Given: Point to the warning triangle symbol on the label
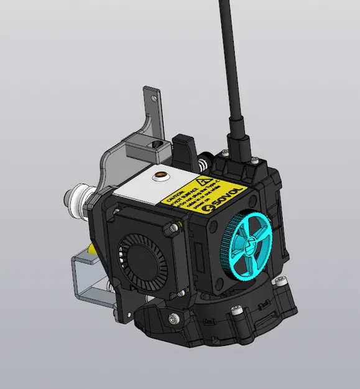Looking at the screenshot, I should (x=200, y=183).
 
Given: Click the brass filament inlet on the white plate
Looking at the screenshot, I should (x=162, y=176).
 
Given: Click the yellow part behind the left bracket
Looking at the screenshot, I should (x=93, y=249).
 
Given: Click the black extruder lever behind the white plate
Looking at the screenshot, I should (x=184, y=148).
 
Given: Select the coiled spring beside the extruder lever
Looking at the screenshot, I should (x=203, y=164).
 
